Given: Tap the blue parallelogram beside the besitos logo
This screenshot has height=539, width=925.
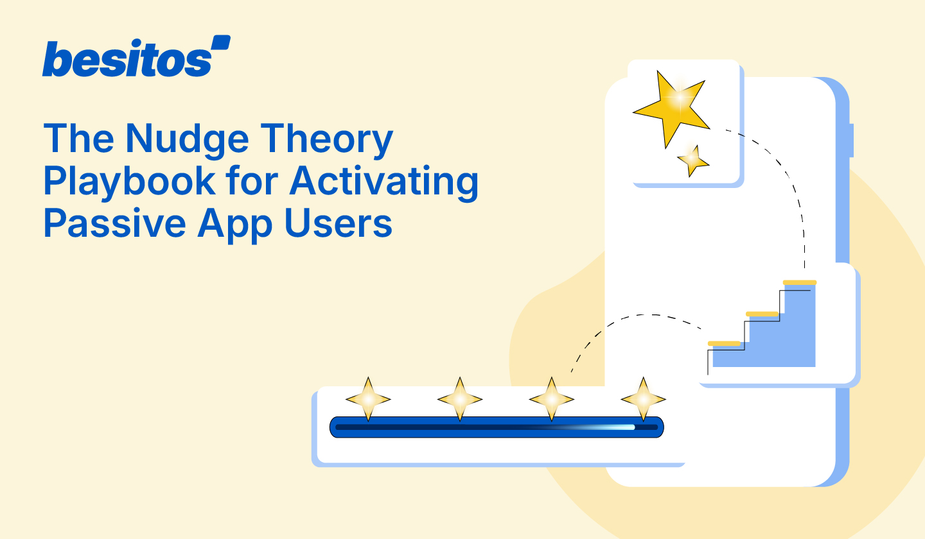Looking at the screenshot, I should pos(220,43).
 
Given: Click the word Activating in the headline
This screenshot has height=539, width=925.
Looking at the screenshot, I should pos(383,181).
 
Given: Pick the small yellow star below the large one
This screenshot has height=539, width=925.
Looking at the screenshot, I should pos(692,160).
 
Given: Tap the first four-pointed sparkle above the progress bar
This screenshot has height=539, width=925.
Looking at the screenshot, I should pos(368,399).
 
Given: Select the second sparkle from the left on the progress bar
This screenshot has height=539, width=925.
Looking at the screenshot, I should pos(460,399).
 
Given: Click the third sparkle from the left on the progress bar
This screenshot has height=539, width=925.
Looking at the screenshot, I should pos(551,399).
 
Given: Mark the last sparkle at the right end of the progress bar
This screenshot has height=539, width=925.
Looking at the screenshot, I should pos(643,399).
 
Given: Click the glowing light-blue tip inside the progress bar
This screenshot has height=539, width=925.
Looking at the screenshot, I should pos(626,427).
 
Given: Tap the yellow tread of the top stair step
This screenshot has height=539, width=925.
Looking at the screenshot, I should pos(799,282).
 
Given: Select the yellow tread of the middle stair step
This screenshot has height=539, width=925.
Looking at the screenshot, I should pos(762,314).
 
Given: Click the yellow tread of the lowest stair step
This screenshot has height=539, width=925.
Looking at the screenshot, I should pos(725,343).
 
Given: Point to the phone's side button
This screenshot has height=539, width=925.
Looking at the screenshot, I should pos(852,141).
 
